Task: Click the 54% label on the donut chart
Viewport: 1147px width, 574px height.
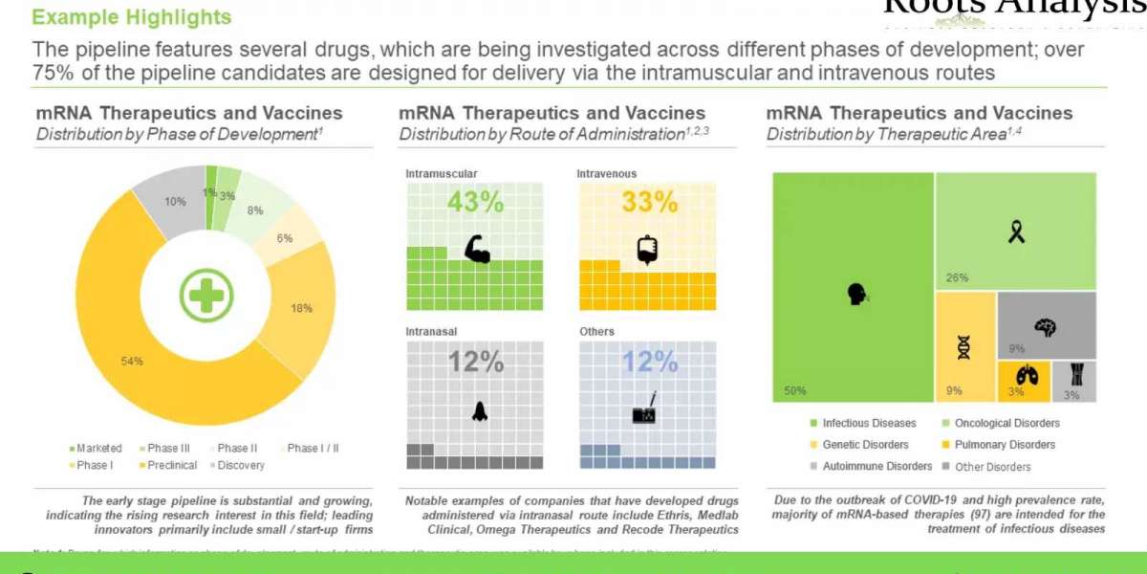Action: (132, 361)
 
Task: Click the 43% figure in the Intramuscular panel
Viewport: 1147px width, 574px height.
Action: (474, 203)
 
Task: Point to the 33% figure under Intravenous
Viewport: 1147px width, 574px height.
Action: (649, 203)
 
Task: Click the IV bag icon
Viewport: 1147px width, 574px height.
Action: (648, 249)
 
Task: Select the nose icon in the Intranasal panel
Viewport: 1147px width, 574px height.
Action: (479, 410)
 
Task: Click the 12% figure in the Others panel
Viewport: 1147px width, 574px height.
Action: (649, 362)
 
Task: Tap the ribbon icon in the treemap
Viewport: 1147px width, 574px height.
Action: (1015, 231)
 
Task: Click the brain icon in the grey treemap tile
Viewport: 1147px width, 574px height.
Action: (1047, 326)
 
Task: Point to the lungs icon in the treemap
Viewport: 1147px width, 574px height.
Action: (1024, 375)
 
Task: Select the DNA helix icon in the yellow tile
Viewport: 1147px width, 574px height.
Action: (963, 347)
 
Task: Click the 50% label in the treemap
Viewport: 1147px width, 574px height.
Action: (795, 390)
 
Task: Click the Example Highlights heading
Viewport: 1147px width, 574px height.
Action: (132, 17)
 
